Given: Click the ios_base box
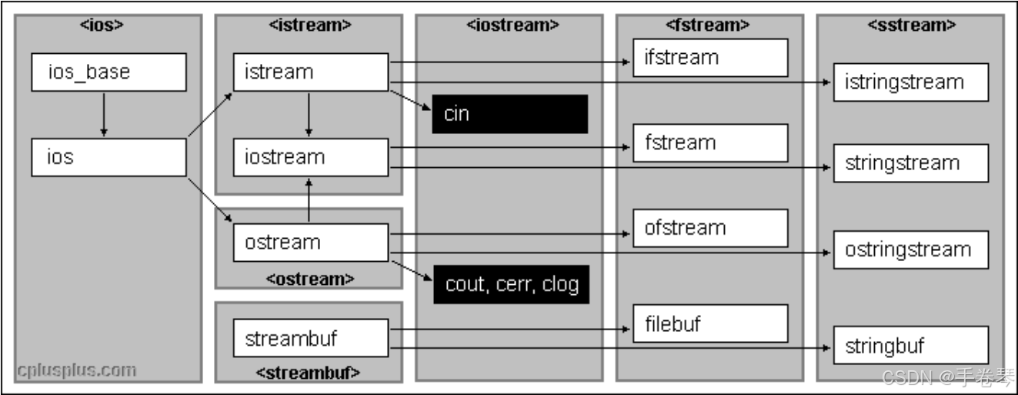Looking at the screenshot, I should [108, 72].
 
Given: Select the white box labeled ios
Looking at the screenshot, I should [108, 157].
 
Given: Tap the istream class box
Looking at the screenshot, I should [310, 72].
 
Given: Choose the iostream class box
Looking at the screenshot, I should [310, 157].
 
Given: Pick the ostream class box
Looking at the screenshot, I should [310, 243].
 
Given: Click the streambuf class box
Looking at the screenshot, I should [310, 339].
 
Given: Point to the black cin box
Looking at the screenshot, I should [509, 114].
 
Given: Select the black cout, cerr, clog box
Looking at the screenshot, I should [512, 284].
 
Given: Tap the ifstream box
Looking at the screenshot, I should [710, 58].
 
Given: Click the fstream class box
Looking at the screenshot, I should [710, 142].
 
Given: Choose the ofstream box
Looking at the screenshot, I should [710, 228].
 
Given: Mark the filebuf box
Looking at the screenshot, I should [710, 323].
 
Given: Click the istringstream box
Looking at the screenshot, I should [910, 82].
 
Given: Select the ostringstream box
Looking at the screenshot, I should [910, 249].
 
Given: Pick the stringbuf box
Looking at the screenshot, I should [910, 345].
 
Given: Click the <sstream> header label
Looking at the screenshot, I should [911, 25].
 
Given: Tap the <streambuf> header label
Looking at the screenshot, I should [309, 373].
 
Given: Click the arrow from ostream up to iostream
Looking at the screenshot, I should [309, 199].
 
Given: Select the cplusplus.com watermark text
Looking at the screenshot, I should [77, 370].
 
